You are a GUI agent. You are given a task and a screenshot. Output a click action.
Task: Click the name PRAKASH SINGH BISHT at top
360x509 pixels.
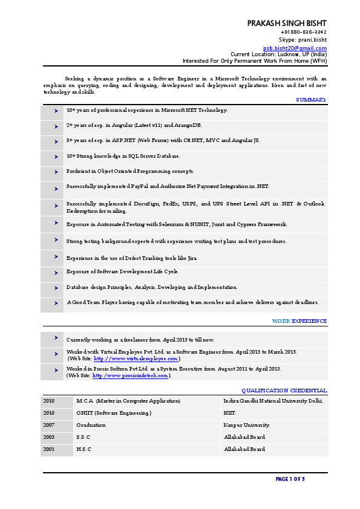click(x=287, y=22)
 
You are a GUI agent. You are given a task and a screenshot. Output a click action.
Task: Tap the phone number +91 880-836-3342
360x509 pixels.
click(x=304, y=32)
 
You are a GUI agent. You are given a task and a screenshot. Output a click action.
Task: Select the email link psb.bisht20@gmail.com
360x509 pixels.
click(x=295, y=48)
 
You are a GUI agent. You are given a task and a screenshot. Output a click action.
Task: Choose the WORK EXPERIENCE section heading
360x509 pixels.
click(x=299, y=321)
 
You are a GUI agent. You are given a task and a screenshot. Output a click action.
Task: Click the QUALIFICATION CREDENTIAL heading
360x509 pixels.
click(x=284, y=391)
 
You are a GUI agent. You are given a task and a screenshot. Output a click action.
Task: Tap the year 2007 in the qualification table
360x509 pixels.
click(x=49, y=425)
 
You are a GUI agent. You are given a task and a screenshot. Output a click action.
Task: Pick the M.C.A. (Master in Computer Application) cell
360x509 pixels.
click(x=128, y=401)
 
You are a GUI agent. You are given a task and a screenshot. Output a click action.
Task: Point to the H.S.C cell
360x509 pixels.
click(x=84, y=449)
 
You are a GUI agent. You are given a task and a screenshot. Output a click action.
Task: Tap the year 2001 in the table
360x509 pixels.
click(x=49, y=449)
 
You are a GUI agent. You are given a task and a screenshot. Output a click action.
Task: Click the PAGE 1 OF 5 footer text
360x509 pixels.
click(x=290, y=479)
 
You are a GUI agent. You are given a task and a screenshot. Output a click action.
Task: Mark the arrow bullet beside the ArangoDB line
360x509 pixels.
click(x=55, y=126)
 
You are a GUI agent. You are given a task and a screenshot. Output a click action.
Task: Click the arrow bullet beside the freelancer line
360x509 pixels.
click(x=55, y=338)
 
